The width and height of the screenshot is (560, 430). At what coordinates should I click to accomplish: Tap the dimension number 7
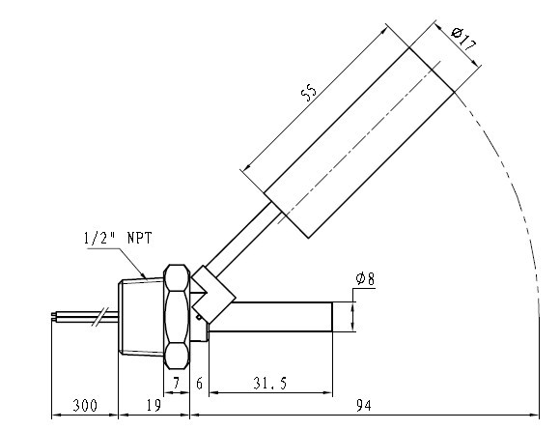coord(175,385)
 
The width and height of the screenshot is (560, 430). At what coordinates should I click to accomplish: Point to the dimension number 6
coord(200,385)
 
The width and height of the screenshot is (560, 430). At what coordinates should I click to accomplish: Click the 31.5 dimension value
coord(270,385)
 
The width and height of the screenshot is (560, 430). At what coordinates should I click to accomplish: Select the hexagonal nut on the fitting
coord(177,316)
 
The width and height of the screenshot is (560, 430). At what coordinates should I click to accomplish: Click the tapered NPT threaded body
coord(141,316)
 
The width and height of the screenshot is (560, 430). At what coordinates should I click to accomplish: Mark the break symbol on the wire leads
coord(98,315)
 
